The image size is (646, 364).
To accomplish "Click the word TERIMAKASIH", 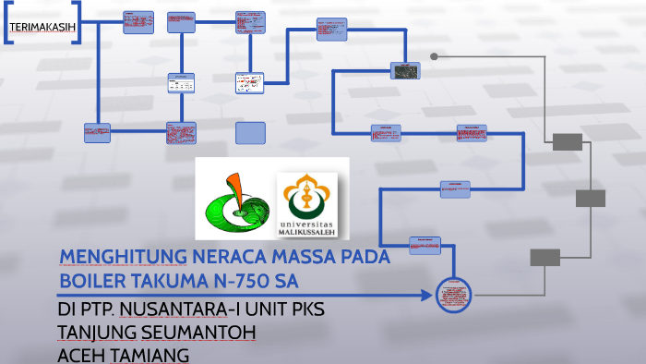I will click(42, 27).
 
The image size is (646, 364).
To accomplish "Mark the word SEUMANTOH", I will click(197, 331).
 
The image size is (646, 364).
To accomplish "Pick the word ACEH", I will click(80, 355).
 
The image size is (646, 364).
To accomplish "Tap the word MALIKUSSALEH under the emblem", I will click(308, 230).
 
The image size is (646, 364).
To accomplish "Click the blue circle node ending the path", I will click(453, 294).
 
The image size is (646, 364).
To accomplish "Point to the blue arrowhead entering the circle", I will click(425, 296).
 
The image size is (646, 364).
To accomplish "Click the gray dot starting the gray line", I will click(434, 56).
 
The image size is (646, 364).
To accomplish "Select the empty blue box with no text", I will click(250, 133).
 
